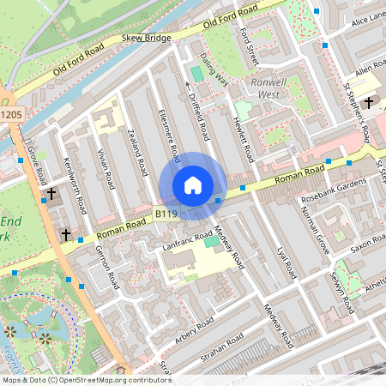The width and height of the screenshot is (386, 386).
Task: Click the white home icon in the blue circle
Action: point(193,185)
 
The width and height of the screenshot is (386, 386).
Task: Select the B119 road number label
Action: point(166,213)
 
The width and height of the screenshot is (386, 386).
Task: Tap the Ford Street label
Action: point(250,43)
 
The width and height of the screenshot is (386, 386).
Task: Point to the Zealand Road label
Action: point(133,151)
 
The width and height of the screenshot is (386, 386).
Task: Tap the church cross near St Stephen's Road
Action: point(369,103)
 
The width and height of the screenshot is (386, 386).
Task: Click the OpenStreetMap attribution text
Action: point(86,380)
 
